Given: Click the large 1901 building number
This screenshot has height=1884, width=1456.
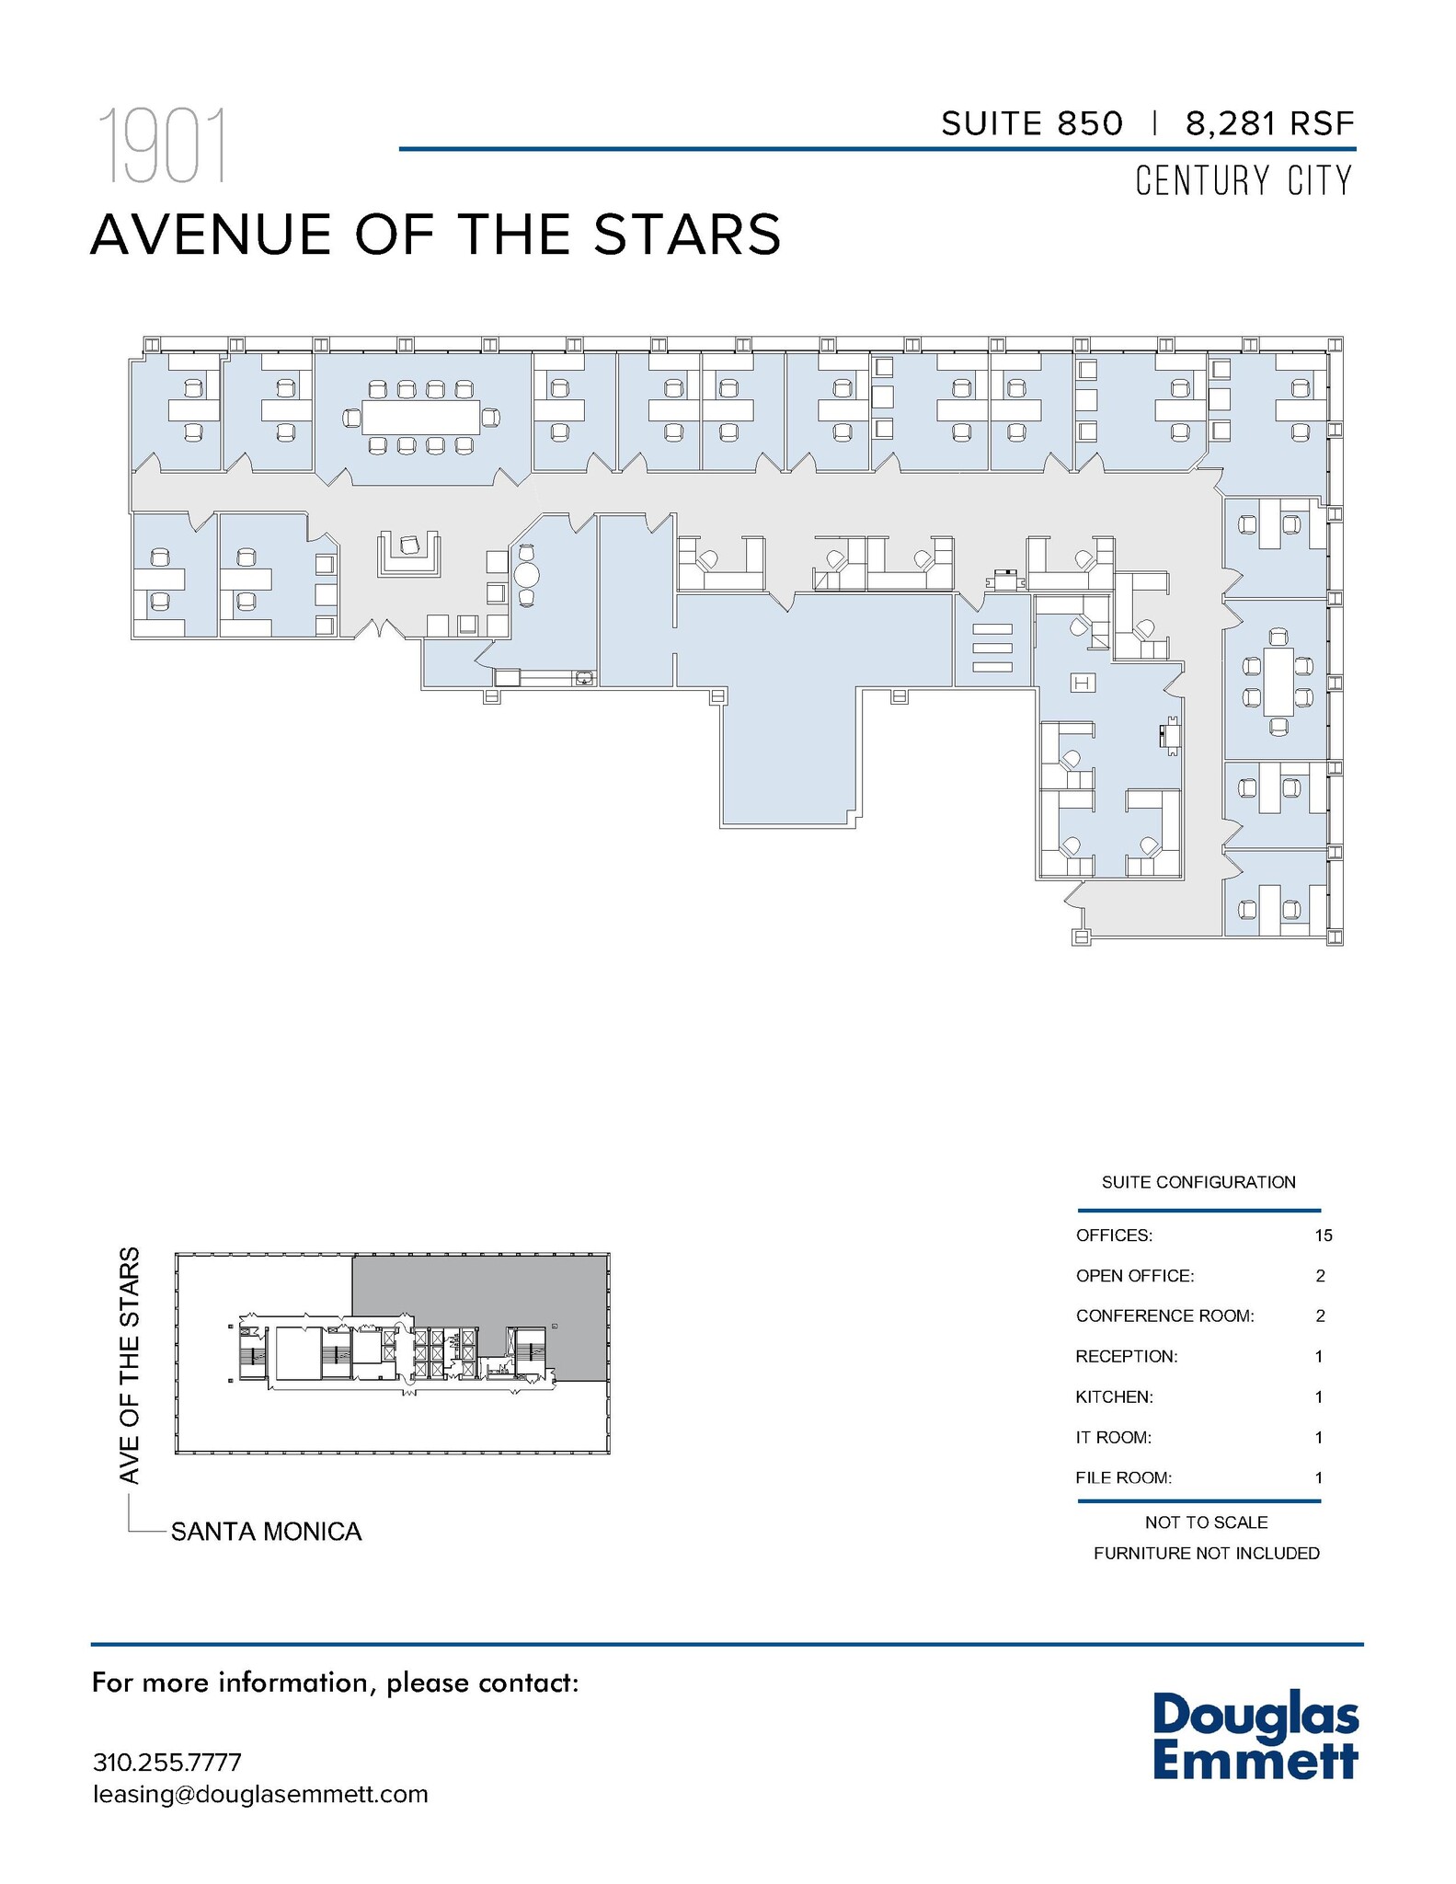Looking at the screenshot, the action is (163, 145).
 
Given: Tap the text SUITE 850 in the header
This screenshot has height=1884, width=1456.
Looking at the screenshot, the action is (1032, 123).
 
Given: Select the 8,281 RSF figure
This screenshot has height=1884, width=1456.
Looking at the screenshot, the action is (1270, 123).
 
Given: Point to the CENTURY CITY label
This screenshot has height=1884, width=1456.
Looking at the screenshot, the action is (1244, 180).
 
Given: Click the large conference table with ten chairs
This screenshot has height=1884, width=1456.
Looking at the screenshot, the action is (421, 419).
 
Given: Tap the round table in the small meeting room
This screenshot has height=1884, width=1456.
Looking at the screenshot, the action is (527, 575).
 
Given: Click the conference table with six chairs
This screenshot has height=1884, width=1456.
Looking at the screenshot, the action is (1278, 682).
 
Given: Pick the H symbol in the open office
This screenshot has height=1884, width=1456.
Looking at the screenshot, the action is (1083, 683).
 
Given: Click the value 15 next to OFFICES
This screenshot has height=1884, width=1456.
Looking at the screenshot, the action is (1323, 1235).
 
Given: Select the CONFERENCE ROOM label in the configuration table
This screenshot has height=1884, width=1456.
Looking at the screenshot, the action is (1164, 1315).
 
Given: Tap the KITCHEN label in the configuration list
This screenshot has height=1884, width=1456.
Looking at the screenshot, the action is (1114, 1396).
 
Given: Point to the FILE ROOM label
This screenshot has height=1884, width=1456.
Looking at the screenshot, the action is (1123, 1477).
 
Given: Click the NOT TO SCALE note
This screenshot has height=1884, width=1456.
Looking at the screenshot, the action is (1206, 1522).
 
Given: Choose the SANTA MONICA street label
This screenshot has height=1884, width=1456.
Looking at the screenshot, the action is (266, 1532).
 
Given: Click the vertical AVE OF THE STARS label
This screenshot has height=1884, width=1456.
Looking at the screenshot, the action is (130, 1365).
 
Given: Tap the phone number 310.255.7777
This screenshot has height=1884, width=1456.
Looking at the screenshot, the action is (166, 1762).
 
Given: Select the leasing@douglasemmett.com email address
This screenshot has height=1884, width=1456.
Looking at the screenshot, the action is (260, 1794).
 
